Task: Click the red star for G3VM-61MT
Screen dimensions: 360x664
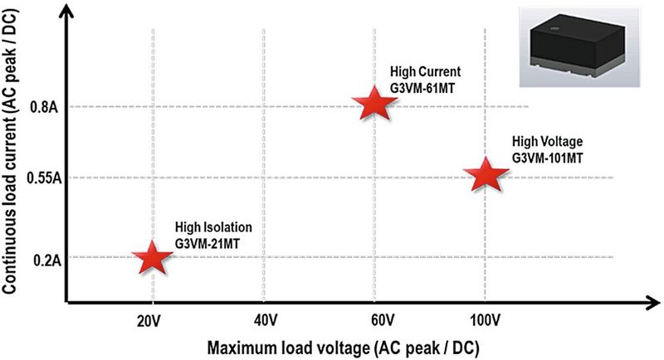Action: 373,104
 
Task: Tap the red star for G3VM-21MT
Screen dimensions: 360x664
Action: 152,257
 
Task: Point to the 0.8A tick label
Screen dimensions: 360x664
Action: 41,107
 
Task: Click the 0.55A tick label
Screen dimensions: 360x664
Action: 37,178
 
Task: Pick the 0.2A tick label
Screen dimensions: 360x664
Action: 41,260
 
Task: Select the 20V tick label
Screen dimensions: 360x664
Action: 154,319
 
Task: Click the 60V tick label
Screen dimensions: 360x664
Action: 373,319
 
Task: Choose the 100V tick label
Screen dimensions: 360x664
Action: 485,319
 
